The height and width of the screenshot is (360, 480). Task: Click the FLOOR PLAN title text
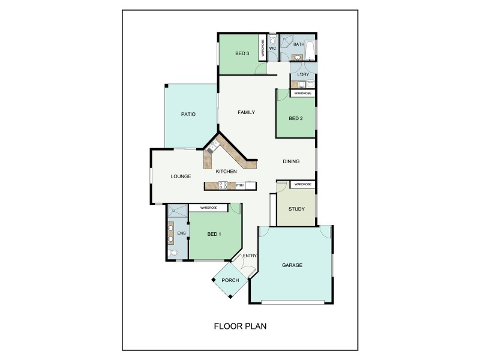[240, 327]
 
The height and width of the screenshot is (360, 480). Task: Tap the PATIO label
[189, 114]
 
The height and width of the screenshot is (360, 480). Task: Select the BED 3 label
[242, 54]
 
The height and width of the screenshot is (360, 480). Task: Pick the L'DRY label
[303, 74]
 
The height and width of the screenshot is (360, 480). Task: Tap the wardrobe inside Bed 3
[262, 47]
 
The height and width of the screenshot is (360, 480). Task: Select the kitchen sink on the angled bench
[212, 146]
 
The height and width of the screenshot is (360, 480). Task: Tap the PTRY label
[240, 185]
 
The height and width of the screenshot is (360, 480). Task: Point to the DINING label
[291, 161]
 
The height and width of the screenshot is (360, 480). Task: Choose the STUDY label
[296, 209]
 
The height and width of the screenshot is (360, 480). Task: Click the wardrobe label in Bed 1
[208, 208]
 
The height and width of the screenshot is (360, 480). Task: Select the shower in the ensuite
[177, 211]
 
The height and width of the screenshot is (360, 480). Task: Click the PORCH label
[230, 281]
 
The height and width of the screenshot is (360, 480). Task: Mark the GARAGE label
[292, 265]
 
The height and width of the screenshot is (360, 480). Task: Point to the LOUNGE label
[181, 176]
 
